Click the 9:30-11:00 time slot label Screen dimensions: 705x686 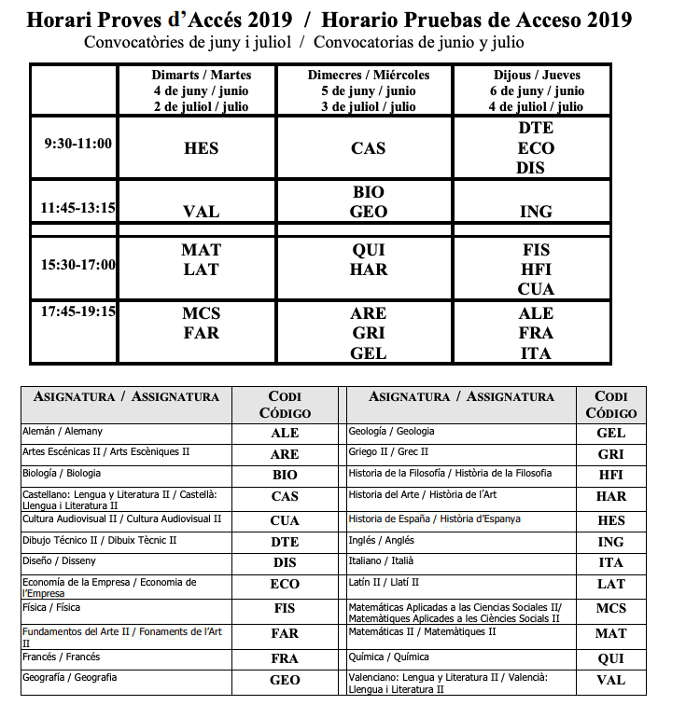tap(78, 144)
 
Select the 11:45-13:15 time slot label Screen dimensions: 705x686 tap(77, 207)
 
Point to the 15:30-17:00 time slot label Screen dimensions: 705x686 tap(77, 265)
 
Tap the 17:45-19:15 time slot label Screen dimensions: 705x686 tap(77, 311)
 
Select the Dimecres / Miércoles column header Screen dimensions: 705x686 tap(369, 90)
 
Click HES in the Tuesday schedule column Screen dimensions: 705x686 tap(202, 148)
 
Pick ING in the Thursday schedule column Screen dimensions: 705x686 tap(536, 212)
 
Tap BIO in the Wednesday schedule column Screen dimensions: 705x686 tap(369, 192)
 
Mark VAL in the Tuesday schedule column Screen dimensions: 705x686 tap(202, 212)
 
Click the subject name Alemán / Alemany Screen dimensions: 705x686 tap(63, 432)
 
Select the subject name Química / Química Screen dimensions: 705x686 tap(388, 657)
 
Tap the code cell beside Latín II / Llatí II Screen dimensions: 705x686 tap(611, 584)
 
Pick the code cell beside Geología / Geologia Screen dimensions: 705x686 tap(611, 434)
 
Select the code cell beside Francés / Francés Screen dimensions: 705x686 tap(285, 658)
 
